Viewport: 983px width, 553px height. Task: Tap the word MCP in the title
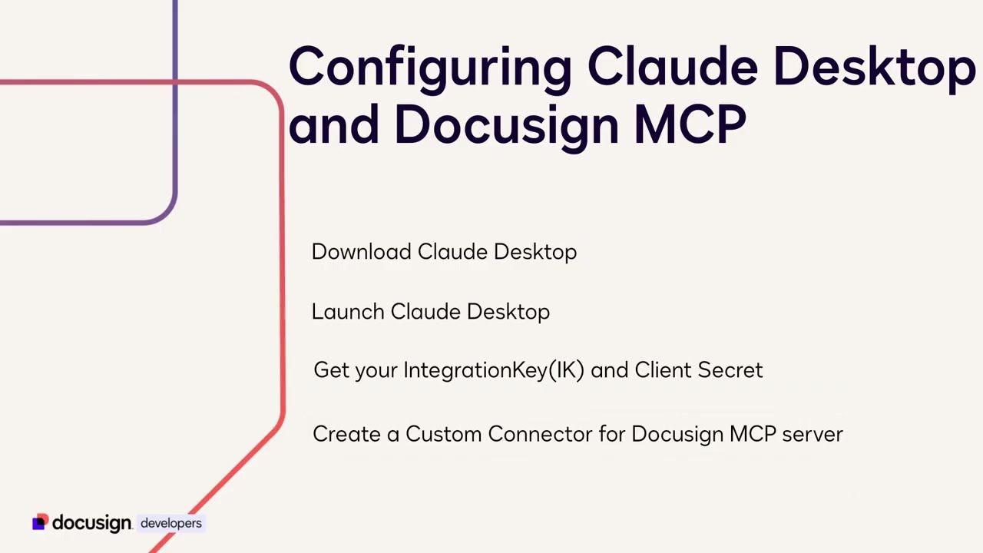pos(689,124)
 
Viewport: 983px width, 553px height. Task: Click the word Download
pos(361,252)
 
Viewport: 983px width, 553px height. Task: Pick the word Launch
pos(348,312)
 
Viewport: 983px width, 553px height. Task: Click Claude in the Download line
pos(452,252)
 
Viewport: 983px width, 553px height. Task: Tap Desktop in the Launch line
pos(508,312)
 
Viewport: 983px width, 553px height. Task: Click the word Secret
pos(730,370)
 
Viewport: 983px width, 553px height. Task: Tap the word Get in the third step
pos(331,370)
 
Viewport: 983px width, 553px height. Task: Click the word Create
pos(346,434)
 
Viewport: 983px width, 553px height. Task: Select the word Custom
pos(443,434)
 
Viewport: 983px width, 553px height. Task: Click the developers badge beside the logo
pos(170,523)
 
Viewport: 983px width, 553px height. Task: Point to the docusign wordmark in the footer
pos(91,524)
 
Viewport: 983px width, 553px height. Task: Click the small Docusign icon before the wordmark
pos(39,522)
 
